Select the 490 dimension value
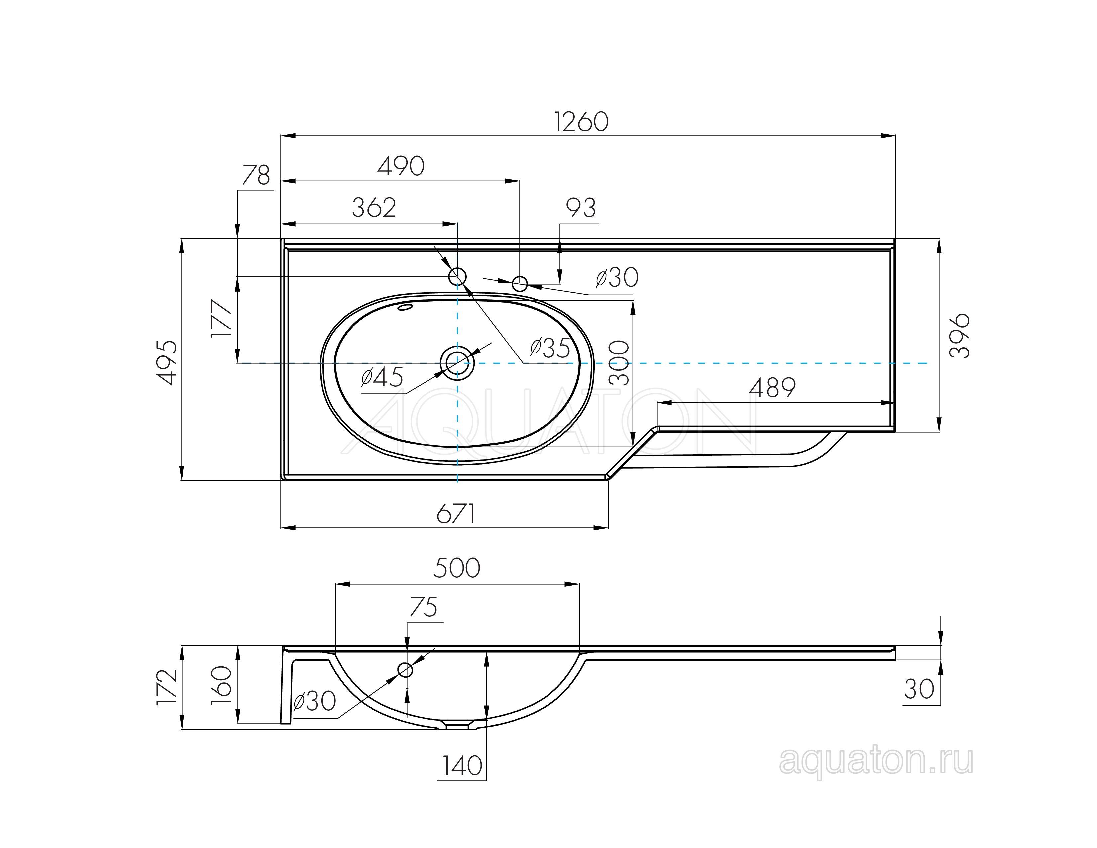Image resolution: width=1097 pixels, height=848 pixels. [x=401, y=166]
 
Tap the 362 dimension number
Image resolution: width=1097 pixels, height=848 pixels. [x=374, y=208]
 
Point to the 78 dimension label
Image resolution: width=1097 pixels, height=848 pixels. [x=256, y=175]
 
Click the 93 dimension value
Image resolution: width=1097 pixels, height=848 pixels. [x=581, y=208]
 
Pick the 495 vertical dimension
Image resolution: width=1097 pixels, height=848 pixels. [x=167, y=363]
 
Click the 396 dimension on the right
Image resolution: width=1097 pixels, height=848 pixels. [x=959, y=336]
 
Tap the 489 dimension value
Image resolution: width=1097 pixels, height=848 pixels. [x=773, y=388]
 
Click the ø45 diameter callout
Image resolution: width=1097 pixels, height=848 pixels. [x=382, y=377]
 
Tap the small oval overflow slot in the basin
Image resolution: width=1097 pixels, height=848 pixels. [x=405, y=307]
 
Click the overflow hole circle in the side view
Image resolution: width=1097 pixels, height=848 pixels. [x=405, y=670]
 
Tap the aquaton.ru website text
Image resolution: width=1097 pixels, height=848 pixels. [x=876, y=762]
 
